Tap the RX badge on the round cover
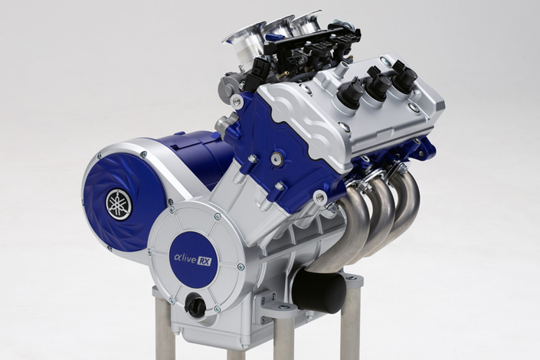click(x=204, y=262)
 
